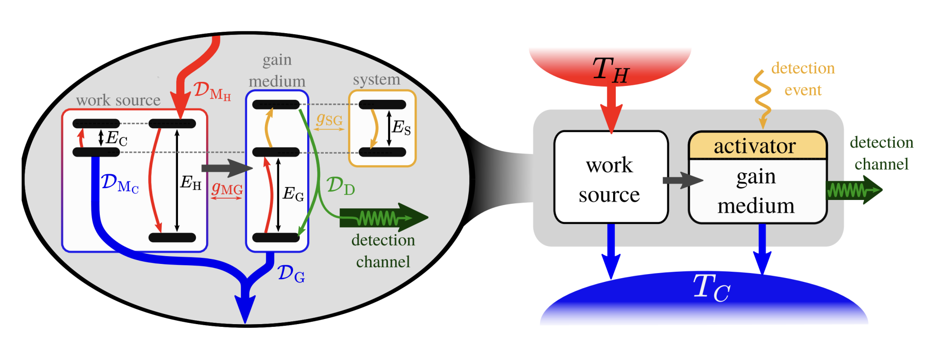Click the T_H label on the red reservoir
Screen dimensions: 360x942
point(610,70)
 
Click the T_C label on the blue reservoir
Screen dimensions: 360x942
point(711,288)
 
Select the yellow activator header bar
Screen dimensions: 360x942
point(757,146)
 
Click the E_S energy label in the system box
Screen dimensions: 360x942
point(401,127)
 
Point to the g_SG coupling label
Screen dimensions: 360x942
point(329,120)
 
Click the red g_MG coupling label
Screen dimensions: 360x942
point(227,188)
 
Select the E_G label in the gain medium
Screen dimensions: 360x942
point(293,194)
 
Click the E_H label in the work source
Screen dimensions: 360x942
point(190,183)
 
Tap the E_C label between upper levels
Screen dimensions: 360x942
point(116,138)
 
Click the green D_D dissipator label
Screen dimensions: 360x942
point(340,186)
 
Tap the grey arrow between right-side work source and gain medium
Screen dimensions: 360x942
point(682,180)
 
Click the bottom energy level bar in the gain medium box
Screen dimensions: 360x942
point(276,238)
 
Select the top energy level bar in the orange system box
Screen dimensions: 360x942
point(382,105)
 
